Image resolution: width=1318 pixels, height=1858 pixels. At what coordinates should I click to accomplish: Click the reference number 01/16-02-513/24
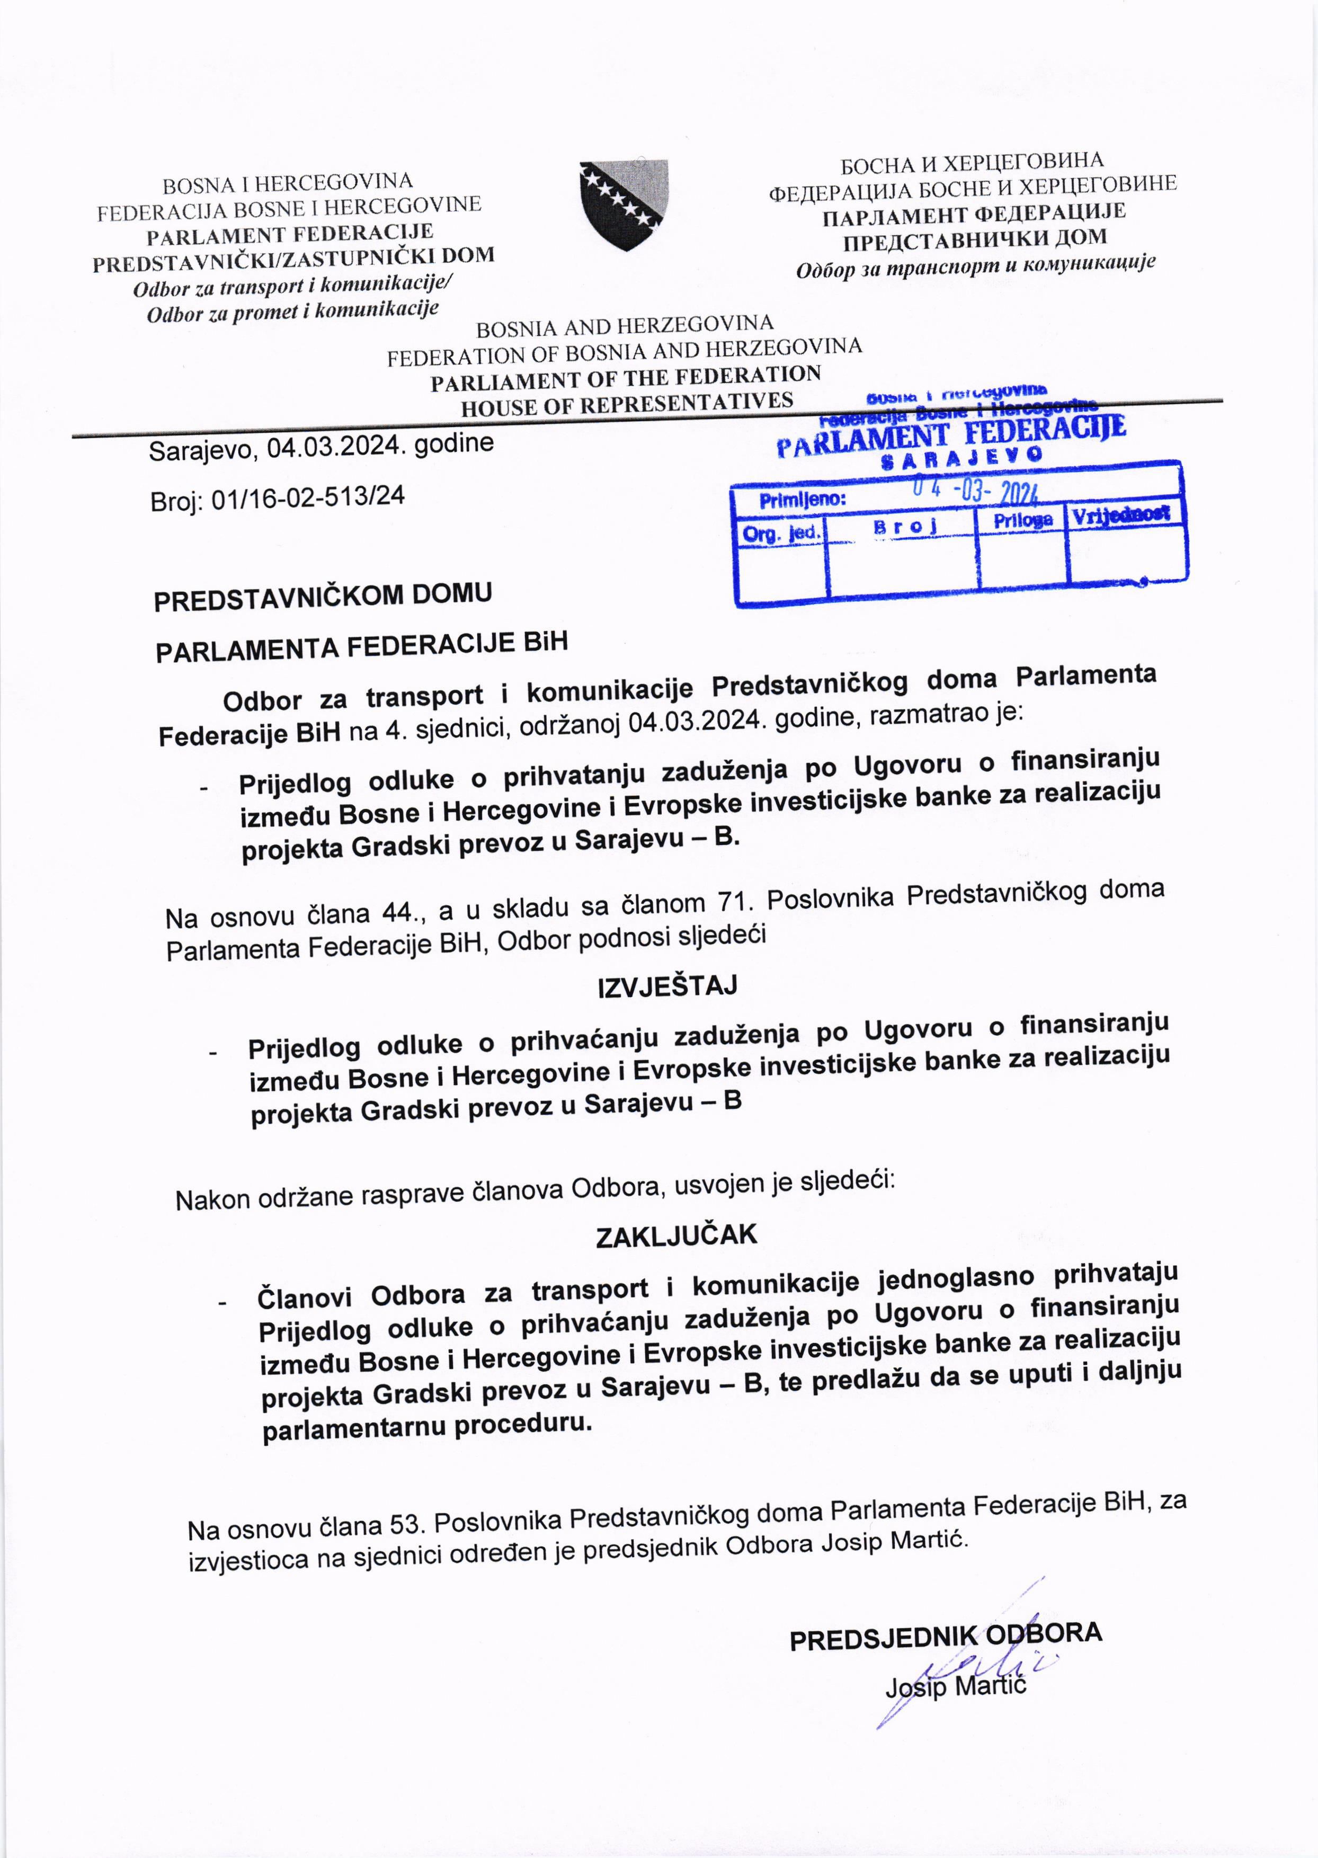pyautogui.click(x=308, y=497)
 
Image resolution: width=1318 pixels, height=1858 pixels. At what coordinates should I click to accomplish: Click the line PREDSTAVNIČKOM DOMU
pyautogui.click(x=323, y=597)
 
